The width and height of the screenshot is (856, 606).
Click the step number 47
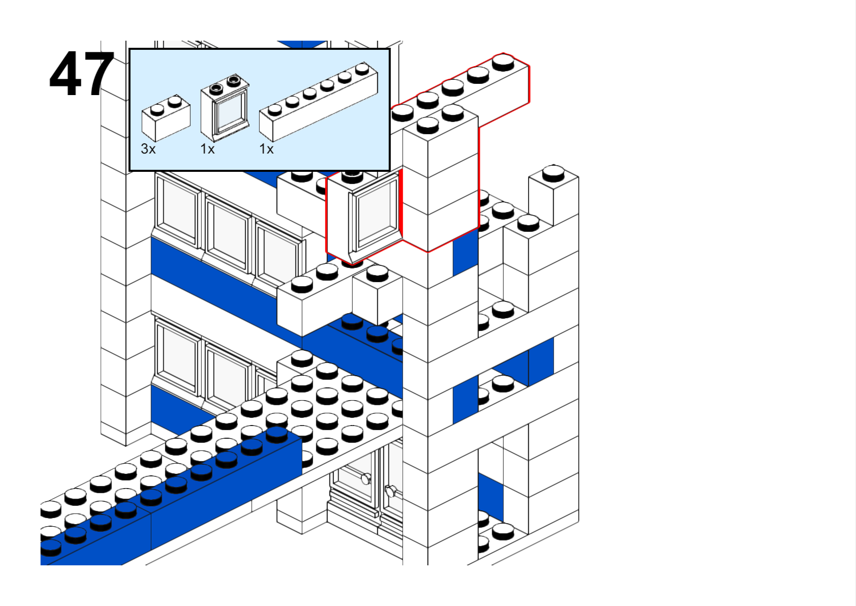click(x=81, y=74)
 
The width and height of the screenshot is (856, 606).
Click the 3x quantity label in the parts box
click(x=148, y=149)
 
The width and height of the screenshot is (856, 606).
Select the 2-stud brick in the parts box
click(x=166, y=118)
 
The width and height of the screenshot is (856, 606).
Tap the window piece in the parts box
click(x=225, y=109)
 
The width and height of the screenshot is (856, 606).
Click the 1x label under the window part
click(x=207, y=149)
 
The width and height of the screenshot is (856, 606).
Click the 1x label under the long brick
click(x=266, y=149)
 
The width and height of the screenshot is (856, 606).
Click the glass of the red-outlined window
click(x=375, y=211)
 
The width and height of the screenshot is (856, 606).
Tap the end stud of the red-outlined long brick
click(x=503, y=61)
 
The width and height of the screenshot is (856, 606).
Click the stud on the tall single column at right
click(x=553, y=172)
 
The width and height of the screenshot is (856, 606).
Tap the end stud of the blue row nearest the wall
click(x=277, y=434)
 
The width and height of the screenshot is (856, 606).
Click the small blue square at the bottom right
click(x=490, y=496)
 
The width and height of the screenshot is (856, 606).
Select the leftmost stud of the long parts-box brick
click(x=275, y=109)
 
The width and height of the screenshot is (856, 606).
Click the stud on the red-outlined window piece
click(x=352, y=176)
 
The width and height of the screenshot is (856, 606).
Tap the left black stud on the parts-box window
click(x=216, y=88)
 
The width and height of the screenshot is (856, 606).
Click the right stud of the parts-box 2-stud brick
click(x=175, y=101)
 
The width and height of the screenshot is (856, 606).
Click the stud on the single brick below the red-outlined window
click(x=377, y=272)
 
